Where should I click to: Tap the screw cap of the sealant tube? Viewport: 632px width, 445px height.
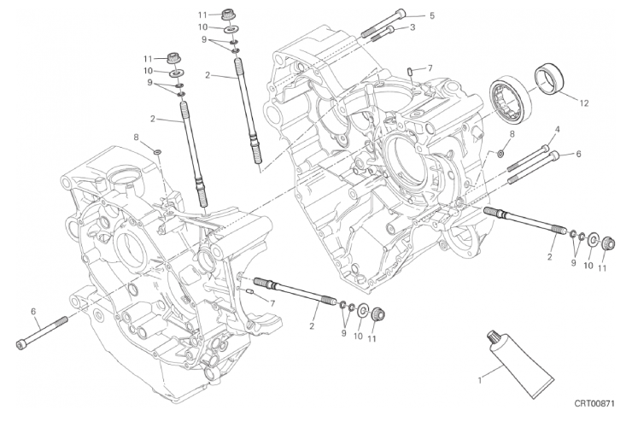click(493, 336)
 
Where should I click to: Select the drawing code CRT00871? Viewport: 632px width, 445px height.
click(594, 403)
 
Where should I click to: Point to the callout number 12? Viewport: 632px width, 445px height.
click(584, 103)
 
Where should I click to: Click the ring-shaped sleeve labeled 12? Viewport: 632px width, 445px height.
click(549, 79)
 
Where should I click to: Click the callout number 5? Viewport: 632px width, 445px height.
click(432, 15)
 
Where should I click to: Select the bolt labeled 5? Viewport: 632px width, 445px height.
click(383, 23)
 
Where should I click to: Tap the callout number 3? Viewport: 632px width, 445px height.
click(413, 27)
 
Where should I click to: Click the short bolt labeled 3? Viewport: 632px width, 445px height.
click(383, 34)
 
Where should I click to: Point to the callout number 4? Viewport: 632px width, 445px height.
click(558, 129)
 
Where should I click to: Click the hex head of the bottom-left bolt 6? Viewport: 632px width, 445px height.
click(20, 344)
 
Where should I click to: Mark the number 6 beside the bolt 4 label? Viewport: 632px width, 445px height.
click(578, 154)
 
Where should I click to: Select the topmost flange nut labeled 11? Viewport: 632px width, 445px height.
click(228, 15)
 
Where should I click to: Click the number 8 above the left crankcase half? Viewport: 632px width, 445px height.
click(137, 138)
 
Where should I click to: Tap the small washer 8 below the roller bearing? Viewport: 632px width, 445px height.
click(500, 153)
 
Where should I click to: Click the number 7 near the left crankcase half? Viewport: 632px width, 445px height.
click(272, 302)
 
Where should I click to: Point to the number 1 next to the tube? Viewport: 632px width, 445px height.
click(480, 380)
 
